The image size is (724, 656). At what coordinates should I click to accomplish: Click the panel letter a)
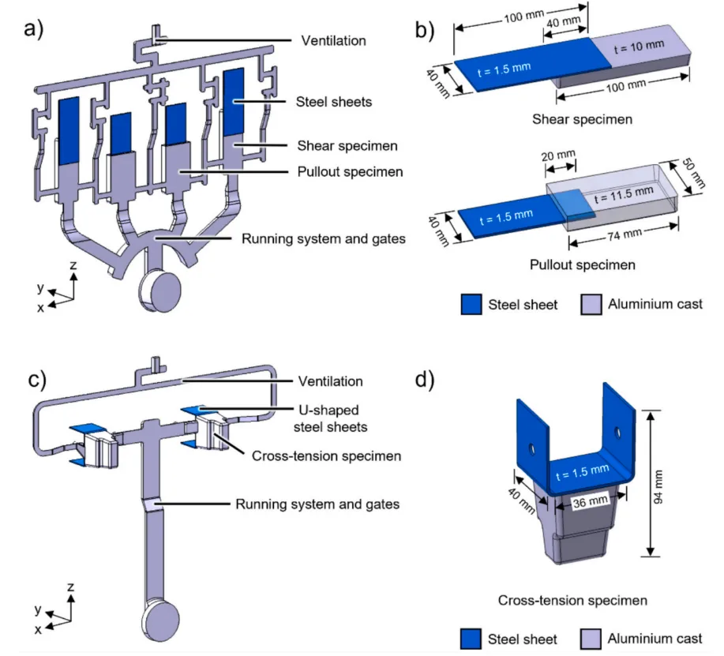tap(36, 34)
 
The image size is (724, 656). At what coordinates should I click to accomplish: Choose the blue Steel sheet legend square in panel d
tap(472, 639)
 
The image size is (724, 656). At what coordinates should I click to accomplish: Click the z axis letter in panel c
tap(73, 587)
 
